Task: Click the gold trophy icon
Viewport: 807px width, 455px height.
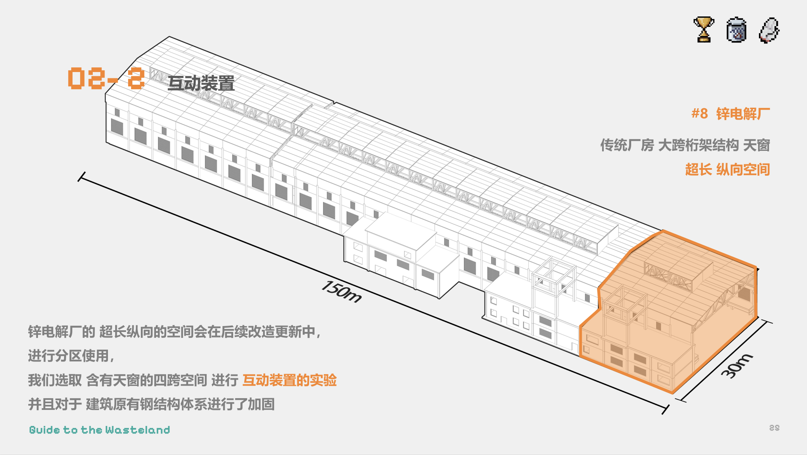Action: (704, 29)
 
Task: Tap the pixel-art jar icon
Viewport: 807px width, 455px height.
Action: (736, 29)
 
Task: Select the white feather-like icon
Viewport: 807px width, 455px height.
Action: (769, 30)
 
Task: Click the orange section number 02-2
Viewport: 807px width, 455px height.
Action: (106, 78)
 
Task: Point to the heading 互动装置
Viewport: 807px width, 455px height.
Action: (201, 83)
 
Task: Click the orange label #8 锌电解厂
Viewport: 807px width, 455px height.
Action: (731, 114)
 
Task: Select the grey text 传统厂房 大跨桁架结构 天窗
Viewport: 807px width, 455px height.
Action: (685, 145)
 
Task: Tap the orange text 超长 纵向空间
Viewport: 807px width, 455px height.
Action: (728, 170)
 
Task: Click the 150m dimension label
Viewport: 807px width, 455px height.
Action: (342, 292)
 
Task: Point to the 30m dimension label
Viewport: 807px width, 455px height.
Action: (737, 366)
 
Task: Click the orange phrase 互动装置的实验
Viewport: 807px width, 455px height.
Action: (290, 380)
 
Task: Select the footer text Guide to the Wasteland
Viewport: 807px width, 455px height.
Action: (100, 430)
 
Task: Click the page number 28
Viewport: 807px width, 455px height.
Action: (775, 428)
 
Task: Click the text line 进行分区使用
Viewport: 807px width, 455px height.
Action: (71, 356)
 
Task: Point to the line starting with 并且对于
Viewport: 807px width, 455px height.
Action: (151, 404)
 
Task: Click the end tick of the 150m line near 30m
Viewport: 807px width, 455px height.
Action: (666, 409)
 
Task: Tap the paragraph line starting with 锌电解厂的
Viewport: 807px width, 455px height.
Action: (175, 332)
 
